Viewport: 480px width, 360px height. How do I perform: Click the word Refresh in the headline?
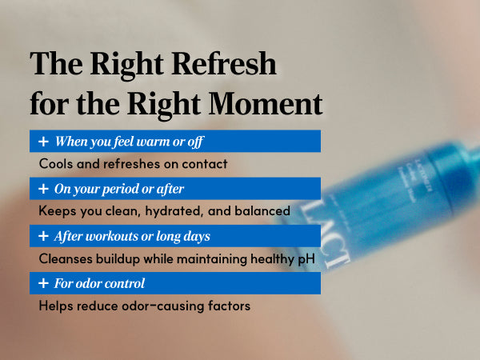[x=224, y=63]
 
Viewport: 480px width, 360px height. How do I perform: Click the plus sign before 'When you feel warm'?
[x=43, y=142]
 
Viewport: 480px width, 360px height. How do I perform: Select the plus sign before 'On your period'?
[x=43, y=189]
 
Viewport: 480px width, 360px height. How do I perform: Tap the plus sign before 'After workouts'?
[x=43, y=236]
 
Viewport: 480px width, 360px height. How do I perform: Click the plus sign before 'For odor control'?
[x=43, y=283]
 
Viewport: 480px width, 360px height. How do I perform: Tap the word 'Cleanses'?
[x=66, y=258]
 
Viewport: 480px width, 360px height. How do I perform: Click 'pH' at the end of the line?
[x=306, y=259]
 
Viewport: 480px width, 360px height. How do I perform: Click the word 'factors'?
[x=229, y=306]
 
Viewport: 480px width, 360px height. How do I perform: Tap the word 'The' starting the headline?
[x=56, y=63]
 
